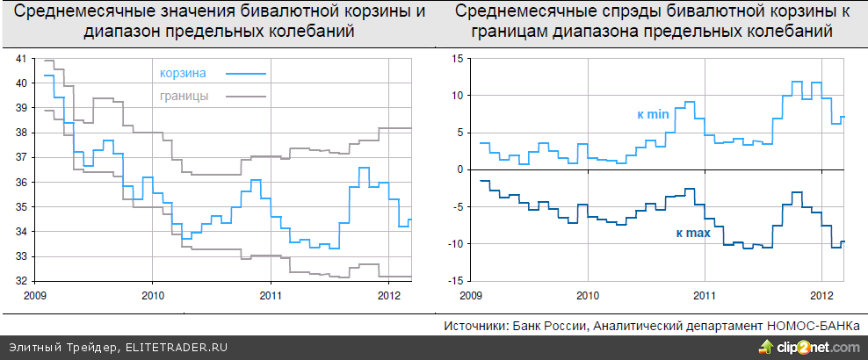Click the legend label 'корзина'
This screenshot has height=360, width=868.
[x=184, y=74]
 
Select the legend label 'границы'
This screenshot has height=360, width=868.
[x=185, y=96]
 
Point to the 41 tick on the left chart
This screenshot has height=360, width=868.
[x=23, y=58]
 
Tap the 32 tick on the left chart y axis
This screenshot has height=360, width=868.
[x=23, y=281]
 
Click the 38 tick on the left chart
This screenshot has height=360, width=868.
[x=23, y=133]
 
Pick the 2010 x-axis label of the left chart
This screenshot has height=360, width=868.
[x=153, y=295]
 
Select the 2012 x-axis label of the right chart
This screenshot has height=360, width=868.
[x=821, y=295]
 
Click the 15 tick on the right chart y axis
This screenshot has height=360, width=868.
[x=457, y=58]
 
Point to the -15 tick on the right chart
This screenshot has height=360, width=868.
[x=455, y=281]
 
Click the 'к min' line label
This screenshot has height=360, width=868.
[x=653, y=114]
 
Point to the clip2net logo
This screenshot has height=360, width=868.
[x=807, y=348]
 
